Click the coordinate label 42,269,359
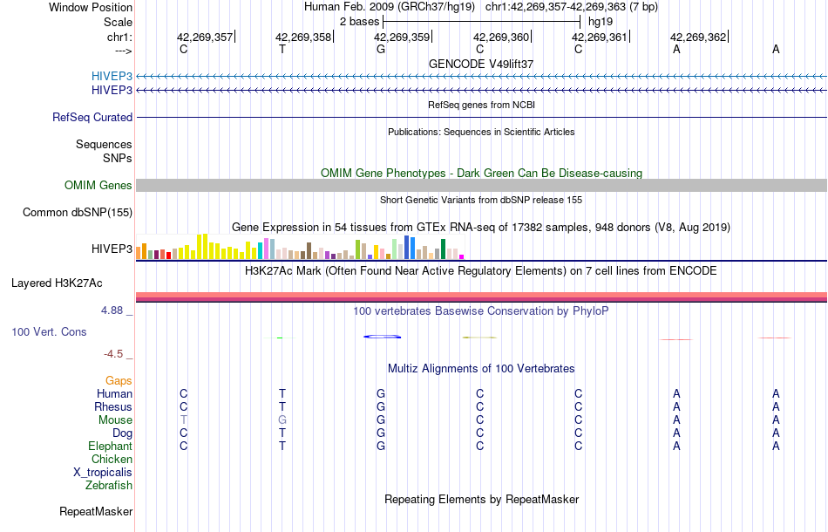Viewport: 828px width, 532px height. pos(402,37)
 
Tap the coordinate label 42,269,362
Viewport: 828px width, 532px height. pos(697,37)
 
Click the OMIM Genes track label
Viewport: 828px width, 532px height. pos(98,185)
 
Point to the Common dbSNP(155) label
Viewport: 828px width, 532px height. pos(78,212)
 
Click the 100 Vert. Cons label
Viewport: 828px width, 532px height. pos(50,332)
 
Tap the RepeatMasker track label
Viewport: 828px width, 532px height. pos(96,511)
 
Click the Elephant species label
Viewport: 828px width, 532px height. pos(110,446)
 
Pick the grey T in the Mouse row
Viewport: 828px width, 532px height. pos(184,419)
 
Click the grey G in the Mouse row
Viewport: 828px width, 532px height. pos(282,419)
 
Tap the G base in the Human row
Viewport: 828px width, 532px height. pos(381,393)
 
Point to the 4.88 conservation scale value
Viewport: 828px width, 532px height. pos(116,310)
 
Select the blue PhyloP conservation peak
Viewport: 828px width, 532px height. pos(382,337)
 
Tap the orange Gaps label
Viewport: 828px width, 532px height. pos(119,380)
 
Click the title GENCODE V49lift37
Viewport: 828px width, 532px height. pos(481,64)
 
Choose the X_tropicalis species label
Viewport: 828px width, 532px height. pos(103,472)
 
